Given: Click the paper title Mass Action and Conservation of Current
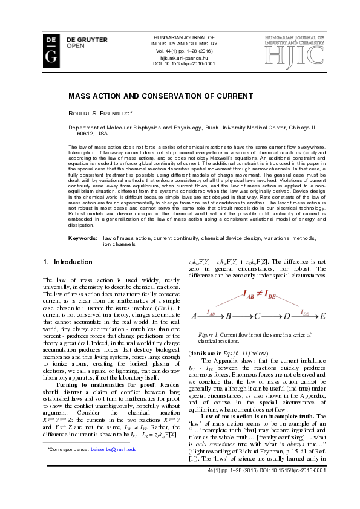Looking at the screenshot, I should pos(160,96).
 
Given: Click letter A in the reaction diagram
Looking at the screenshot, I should pos(194,316).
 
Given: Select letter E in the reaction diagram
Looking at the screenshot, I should pos(322,316).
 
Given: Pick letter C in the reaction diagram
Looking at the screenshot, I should pos(257,316).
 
